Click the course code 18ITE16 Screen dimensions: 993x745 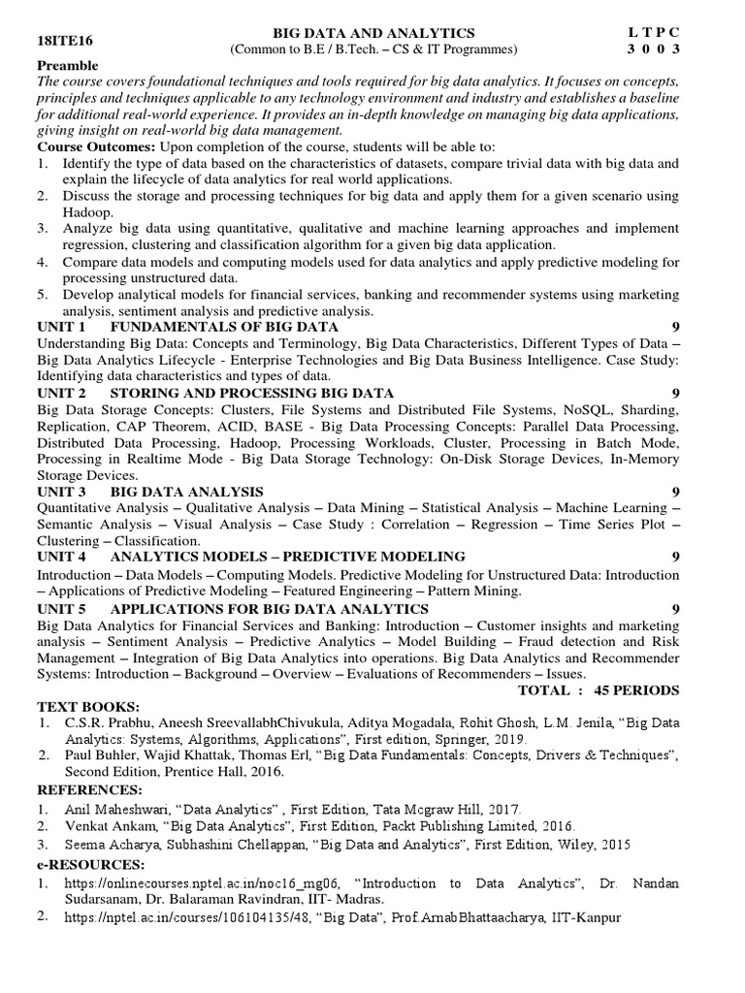pos(63,42)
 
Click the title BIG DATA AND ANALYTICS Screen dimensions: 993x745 pos(373,33)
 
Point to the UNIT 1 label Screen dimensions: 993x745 pos(61,327)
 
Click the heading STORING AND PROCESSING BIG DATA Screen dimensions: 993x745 pos(252,393)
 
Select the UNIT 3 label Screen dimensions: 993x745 pos(61,492)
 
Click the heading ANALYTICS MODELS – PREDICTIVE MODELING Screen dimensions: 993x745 pos(288,557)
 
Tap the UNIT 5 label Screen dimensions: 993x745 pos(61,608)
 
